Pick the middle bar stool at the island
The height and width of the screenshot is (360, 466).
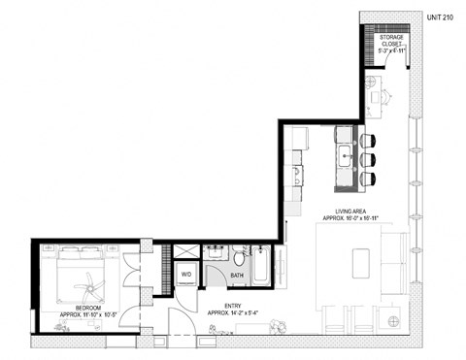point(367,158)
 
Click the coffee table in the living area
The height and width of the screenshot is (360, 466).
point(362,262)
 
